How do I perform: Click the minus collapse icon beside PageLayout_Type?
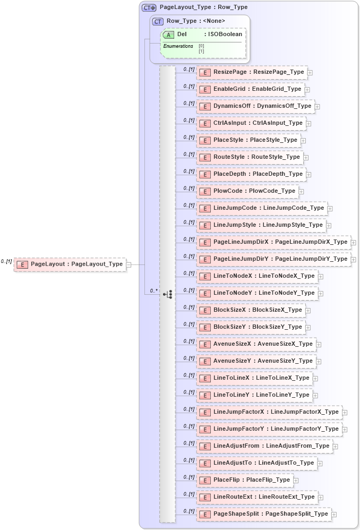pos(128,264)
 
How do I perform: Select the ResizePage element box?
pos(252,72)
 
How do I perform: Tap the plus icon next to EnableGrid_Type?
pos(307,90)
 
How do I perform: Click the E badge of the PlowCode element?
pos(205,191)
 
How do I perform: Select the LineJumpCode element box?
pos(262,208)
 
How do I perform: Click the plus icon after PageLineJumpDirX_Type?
pos(353,243)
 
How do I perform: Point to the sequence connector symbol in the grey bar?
pos(168,294)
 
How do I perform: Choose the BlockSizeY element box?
pos(251,327)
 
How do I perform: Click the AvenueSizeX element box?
pos(256,344)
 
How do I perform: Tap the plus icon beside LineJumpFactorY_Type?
pos(345,429)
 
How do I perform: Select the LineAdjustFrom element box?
pos(264,446)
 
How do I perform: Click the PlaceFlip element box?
pos(245,480)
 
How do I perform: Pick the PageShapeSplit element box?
pos(264,514)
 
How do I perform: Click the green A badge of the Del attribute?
pos(169,35)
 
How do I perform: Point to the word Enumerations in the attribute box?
pos(178,46)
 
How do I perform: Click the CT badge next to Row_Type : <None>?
pos(158,21)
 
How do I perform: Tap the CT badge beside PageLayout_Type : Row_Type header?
pos(149,8)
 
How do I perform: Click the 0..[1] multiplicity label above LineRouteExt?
pos(188,494)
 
